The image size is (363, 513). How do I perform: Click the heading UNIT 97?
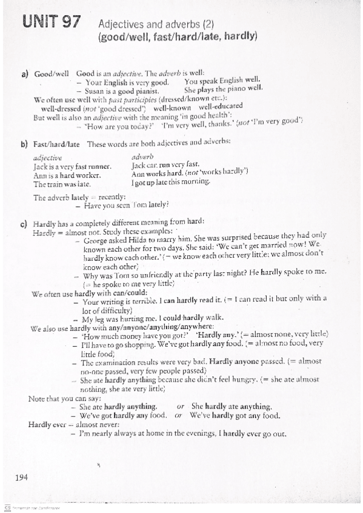click(x=52, y=24)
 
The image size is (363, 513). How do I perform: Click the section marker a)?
click(x=25, y=74)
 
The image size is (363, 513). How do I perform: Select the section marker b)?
click(x=25, y=144)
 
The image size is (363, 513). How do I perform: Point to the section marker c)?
click(x=25, y=223)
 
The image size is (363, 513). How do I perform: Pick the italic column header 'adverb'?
click(x=142, y=156)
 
